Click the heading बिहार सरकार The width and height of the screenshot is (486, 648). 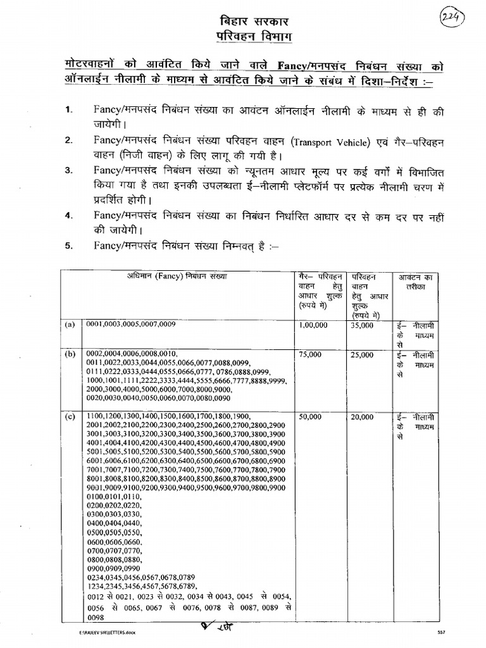coord(244,21)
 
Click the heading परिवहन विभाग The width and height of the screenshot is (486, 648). coord(244,37)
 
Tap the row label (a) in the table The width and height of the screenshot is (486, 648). coord(69,325)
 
